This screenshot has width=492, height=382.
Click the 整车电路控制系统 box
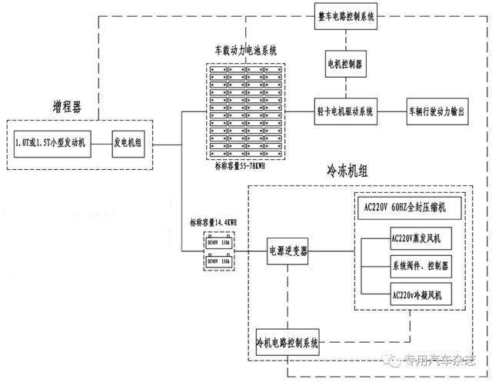346,16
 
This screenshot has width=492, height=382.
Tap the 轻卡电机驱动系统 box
346,111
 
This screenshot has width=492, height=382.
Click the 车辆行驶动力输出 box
437,111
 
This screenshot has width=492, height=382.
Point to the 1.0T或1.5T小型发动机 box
52,144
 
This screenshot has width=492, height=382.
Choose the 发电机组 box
129,144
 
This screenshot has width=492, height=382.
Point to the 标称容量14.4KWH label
214,224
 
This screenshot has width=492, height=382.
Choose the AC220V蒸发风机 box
415,239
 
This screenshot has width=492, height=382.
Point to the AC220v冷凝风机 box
415,294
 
